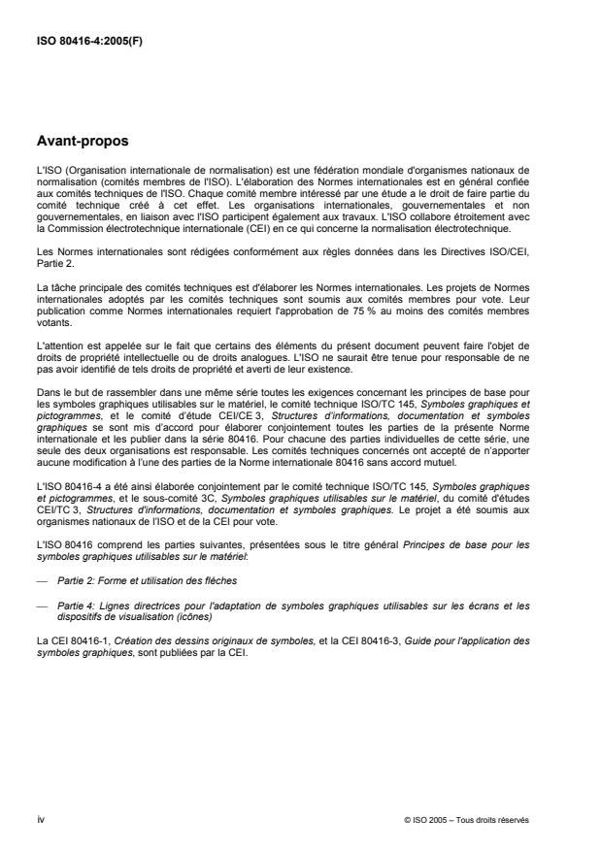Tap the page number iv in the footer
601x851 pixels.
[39, 818]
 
